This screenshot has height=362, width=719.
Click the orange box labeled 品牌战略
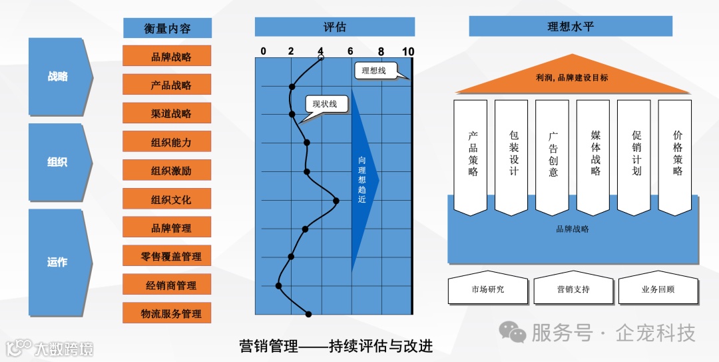[x=167, y=56]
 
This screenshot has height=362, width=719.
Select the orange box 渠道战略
[x=167, y=113]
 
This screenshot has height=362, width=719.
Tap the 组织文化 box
[x=167, y=199]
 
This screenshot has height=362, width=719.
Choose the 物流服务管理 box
[x=167, y=313]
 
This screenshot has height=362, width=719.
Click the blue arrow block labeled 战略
[x=58, y=76]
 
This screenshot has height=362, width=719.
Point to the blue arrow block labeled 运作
[x=58, y=262]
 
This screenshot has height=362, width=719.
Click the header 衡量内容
[x=167, y=28]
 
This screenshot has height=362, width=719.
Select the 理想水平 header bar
[x=570, y=27]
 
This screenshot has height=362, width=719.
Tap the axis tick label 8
[x=381, y=51]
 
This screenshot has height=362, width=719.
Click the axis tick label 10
[x=408, y=51]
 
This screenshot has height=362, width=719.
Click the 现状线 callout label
[x=326, y=103]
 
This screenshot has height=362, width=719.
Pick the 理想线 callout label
[x=374, y=69]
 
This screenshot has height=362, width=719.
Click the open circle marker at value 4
[x=321, y=58]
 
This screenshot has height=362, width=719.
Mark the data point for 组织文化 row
[x=336, y=200]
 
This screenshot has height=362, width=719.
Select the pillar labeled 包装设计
[x=512, y=157]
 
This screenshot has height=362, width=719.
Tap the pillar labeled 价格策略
[x=675, y=157]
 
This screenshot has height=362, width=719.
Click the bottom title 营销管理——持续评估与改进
[x=336, y=345]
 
